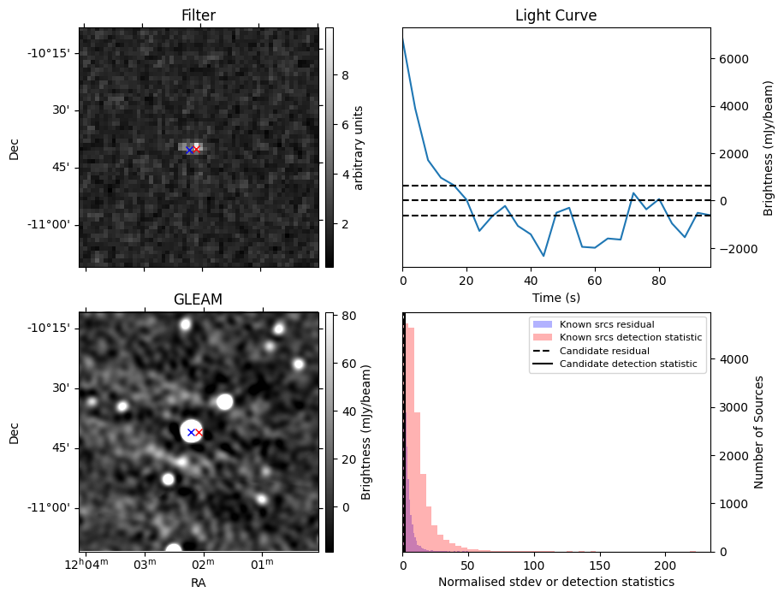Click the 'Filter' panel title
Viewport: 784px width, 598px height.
click(x=199, y=15)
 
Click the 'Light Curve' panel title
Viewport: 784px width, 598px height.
click(x=555, y=15)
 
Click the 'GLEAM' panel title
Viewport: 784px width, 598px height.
click(x=199, y=299)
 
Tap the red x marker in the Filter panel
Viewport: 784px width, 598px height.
click(x=196, y=149)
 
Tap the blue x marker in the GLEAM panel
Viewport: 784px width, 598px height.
click(x=191, y=432)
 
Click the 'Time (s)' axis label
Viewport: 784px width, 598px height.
click(x=555, y=296)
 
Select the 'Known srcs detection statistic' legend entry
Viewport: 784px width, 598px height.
click(x=631, y=338)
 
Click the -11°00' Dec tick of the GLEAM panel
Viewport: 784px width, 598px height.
click(x=54, y=507)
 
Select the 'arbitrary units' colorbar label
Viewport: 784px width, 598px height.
click(x=359, y=147)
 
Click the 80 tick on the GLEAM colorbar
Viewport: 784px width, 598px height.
click(x=342, y=316)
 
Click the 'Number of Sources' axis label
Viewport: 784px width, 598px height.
click(x=759, y=432)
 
